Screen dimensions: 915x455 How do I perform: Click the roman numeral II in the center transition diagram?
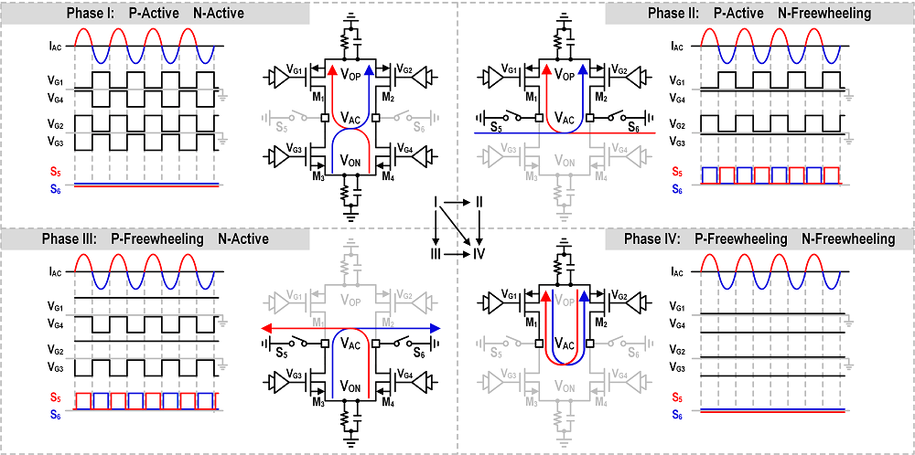point(479,202)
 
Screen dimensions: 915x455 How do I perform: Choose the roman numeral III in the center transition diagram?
point(435,254)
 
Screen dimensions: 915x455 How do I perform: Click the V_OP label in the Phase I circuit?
point(350,75)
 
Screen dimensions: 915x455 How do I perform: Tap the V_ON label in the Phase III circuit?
point(350,385)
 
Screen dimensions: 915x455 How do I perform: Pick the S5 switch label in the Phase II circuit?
point(495,127)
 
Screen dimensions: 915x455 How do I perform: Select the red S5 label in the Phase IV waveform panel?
point(676,398)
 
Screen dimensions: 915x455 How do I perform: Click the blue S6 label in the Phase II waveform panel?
point(676,188)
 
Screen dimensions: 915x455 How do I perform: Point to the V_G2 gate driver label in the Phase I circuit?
point(404,70)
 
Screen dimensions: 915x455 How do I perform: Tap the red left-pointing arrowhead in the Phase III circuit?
point(266,328)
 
